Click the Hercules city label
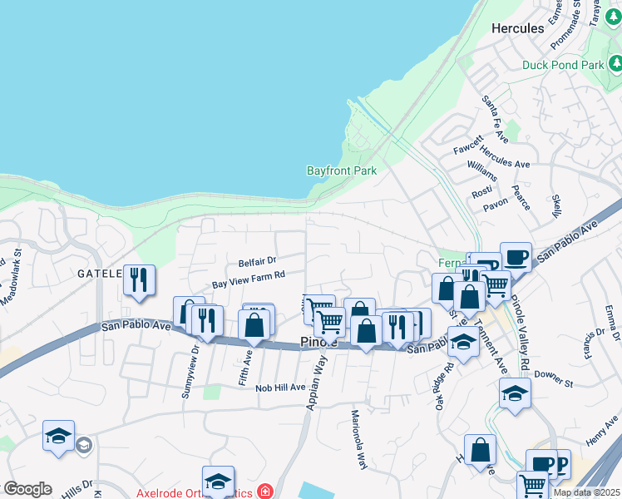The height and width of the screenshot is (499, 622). coord(517,28)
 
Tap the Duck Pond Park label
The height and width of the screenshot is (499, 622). coord(564,65)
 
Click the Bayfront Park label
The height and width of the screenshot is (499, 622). coord(342,170)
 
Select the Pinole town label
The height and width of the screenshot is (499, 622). coord(318,343)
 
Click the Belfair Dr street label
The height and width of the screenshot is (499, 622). coord(257,261)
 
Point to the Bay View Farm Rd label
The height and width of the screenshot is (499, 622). coord(249,279)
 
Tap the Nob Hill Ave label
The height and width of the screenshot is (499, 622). coord(281,388)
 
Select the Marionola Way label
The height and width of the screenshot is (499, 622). coord(358,440)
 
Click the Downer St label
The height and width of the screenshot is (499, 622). coord(553,382)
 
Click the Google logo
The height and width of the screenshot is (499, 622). coord(27,489)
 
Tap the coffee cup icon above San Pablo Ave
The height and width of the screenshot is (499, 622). coord(516,256)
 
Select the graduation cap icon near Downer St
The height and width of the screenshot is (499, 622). coord(515,393)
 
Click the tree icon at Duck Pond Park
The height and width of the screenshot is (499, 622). coord(615,63)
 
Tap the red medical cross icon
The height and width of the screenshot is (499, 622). coord(264,492)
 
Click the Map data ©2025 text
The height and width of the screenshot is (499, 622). coord(586,492)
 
